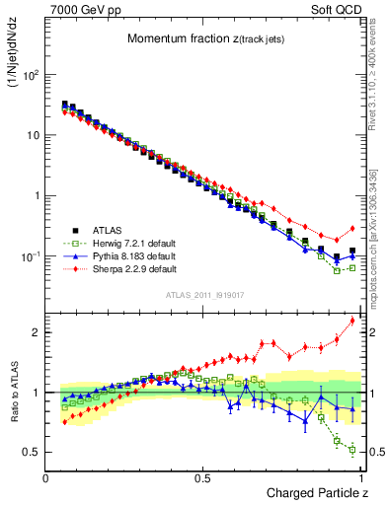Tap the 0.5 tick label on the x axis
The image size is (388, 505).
coord(202,477)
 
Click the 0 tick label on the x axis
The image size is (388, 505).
coord(46,477)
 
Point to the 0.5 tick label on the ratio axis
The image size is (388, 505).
coord(31,452)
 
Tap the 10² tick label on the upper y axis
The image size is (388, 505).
coord(30,74)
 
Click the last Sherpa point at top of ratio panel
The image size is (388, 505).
coord(352,321)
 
